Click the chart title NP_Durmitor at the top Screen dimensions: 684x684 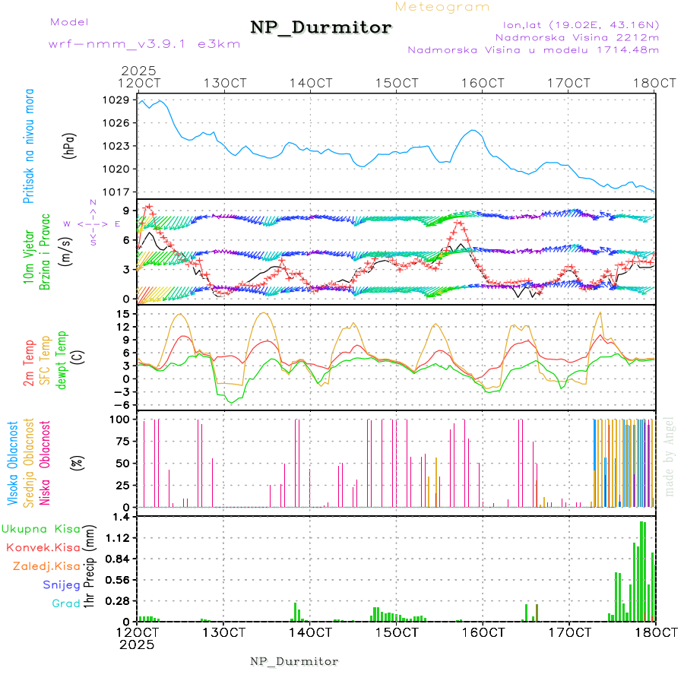pos(321,28)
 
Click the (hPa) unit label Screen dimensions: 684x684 pos(69,145)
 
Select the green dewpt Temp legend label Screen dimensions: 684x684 pos(62,358)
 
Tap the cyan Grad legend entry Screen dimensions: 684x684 pos(65,603)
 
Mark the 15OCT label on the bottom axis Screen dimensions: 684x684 pos(396,632)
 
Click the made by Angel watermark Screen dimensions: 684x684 pos(670,456)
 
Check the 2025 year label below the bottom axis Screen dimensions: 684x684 pos(138,644)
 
